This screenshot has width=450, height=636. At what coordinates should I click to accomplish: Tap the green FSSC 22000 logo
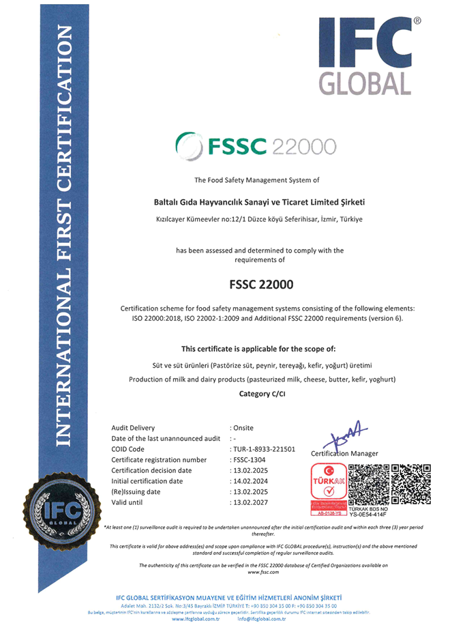(256, 145)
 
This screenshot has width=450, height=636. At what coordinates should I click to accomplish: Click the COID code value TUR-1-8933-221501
(263, 449)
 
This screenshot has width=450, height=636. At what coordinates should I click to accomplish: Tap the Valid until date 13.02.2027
(250, 502)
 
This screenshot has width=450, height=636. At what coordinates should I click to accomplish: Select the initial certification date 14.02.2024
(250, 481)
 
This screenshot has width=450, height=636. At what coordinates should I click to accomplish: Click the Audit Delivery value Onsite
(243, 428)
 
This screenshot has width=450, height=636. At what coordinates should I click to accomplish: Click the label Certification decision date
(151, 470)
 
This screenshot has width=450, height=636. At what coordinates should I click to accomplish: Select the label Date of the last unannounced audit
(166, 438)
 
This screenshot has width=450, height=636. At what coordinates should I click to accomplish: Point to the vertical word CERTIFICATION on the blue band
(64, 110)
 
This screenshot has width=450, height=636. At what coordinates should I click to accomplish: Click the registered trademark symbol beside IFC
(417, 21)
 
